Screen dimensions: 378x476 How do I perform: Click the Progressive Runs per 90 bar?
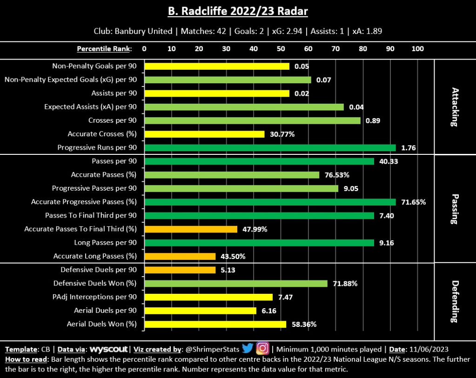pyautogui.click(x=270, y=148)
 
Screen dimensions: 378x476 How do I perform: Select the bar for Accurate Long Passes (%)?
pyautogui.click(x=180, y=256)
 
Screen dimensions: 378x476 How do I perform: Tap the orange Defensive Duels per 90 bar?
pyautogui.click(x=180, y=270)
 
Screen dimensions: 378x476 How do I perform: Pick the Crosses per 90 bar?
pyautogui.click(x=252, y=120)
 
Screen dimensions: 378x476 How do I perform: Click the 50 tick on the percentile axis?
pyautogui.click(x=281, y=49)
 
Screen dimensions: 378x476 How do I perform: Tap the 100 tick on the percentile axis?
pyautogui.click(x=418, y=49)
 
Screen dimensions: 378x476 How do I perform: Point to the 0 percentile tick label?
pyautogui.click(x=144, y=49)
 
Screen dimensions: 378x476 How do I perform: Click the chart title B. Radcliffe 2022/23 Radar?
pyautogui.click(x=238, y=11)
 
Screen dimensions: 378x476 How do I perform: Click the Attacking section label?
pyautogui.click(x=455, y=107)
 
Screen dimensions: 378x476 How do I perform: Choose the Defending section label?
pyautogui.click(x=455, y=301)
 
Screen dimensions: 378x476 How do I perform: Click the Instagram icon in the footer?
pyautogui.click(x=262, y=348)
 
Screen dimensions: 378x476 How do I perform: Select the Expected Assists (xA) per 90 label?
pyautogui.click(x=91, y=107)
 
